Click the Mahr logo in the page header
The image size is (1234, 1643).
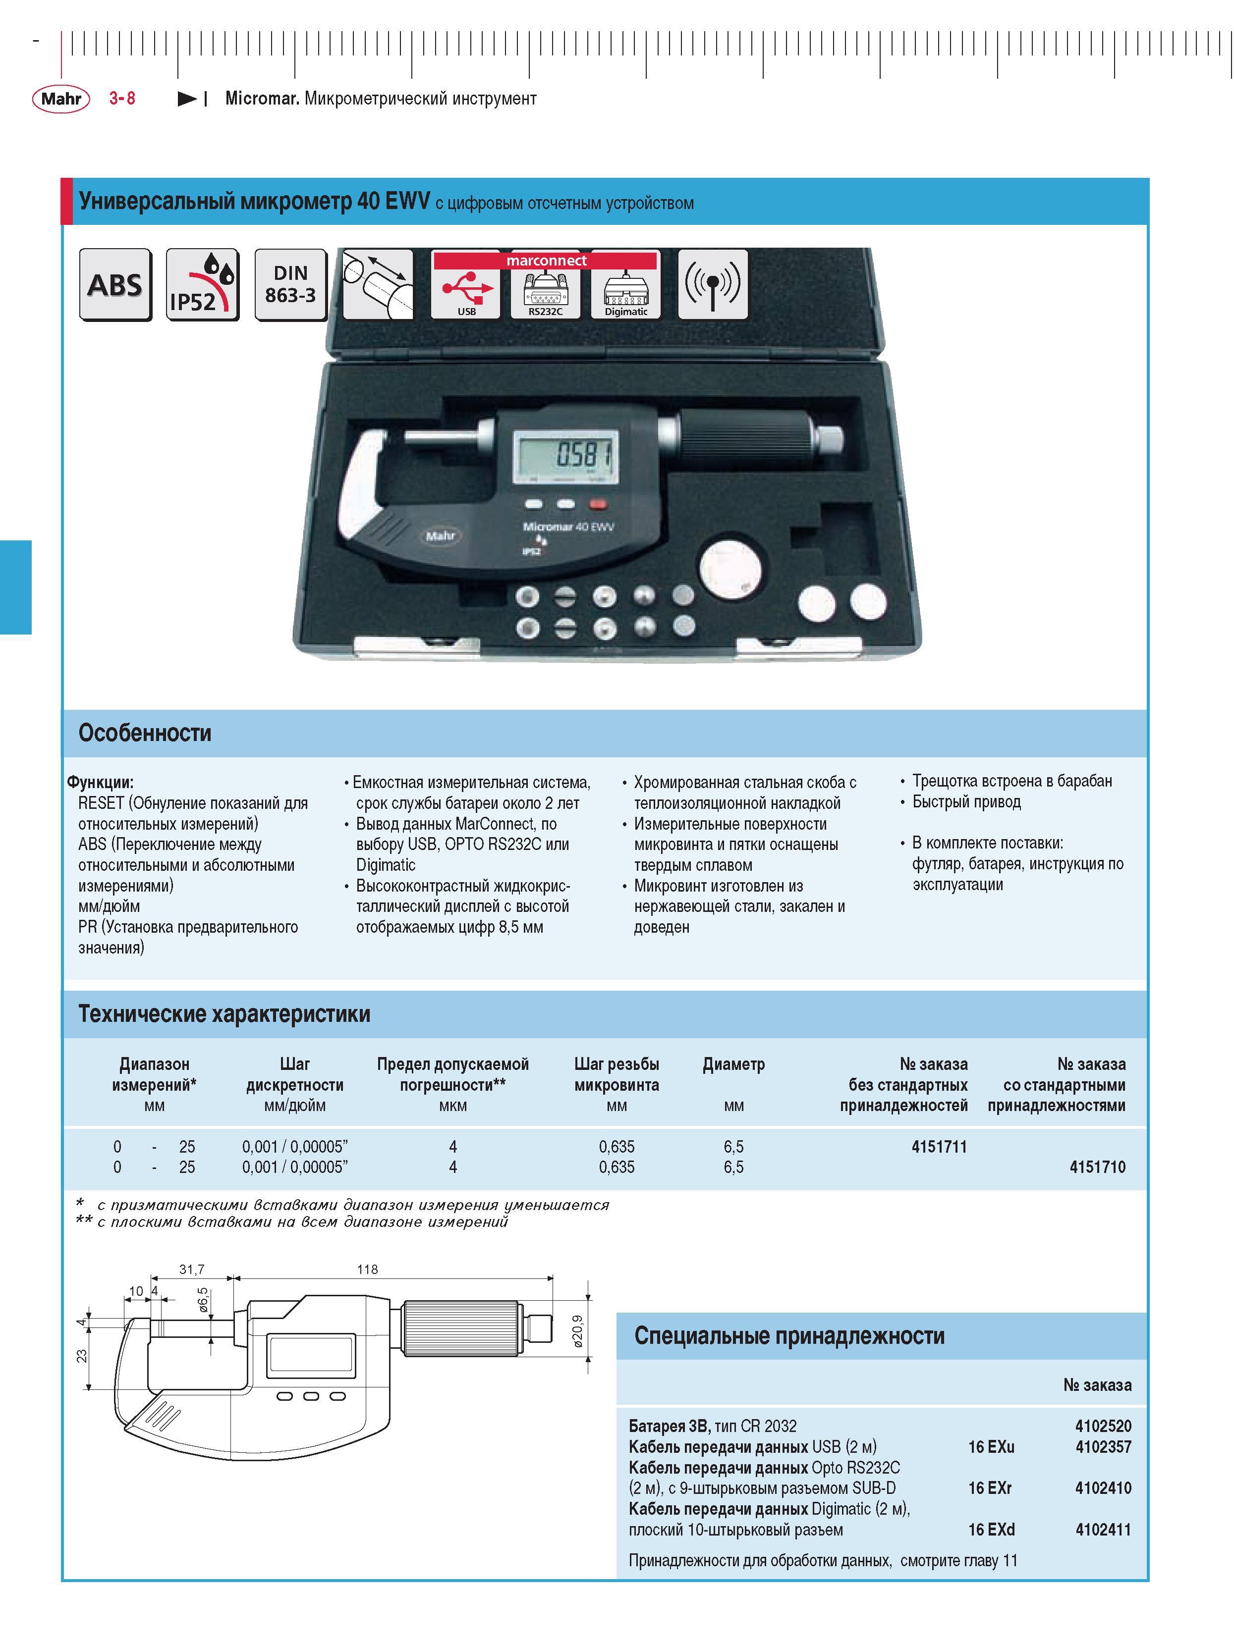[61, 99]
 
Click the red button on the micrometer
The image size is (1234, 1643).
[597, 504]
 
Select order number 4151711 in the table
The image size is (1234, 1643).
[939, 1146]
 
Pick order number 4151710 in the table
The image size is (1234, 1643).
[1097, 1167]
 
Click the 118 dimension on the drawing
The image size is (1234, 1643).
[367, 1270]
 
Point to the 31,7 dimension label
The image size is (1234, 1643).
[192, 1270]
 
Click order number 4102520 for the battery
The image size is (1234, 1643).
[1103, 1426]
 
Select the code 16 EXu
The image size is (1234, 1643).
[991, 1446]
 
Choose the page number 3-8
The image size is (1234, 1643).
[122, 98]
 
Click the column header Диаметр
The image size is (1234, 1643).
[733, 1063]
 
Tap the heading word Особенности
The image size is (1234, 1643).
[145, 733]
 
